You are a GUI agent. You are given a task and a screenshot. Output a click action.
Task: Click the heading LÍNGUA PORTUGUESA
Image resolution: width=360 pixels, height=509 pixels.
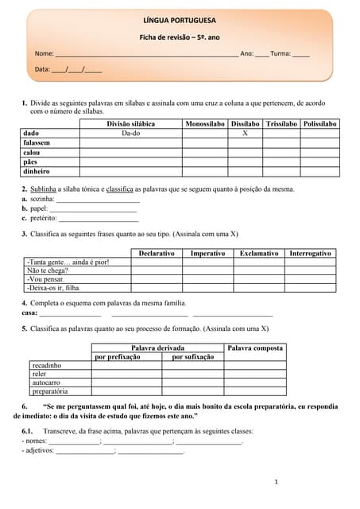click(179, 21)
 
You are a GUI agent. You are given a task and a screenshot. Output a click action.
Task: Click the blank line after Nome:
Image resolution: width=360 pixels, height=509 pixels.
click(146, 54)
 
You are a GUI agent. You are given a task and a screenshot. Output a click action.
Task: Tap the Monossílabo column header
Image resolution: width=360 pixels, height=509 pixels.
click(204, 124)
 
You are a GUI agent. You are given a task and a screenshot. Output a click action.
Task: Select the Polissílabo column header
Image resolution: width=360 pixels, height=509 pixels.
click(320, 124)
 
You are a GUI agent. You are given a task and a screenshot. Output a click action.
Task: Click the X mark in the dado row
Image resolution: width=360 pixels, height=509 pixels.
click(245, 134)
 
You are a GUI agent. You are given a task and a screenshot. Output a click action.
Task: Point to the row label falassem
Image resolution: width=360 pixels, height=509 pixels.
click(37, 143)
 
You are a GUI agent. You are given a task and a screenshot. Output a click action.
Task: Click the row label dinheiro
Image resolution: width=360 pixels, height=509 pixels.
click(37, 171)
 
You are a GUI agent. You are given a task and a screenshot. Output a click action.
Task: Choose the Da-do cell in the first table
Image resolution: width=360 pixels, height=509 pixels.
click(130, 134)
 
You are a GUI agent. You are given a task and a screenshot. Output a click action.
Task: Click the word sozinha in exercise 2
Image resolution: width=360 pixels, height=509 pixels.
click(41, 199)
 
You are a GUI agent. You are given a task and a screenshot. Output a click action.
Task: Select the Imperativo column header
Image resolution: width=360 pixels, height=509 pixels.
click(207, 253)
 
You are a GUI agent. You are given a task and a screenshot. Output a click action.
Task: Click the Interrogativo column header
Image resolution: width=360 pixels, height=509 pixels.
click(310, 253)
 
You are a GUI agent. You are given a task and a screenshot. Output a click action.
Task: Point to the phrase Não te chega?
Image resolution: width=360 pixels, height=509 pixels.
click(47, 270)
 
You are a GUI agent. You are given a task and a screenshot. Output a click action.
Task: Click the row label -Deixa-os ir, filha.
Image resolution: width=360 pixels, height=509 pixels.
click(53, 288)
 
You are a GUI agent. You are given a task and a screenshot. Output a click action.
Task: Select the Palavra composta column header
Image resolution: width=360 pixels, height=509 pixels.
click(255, 348)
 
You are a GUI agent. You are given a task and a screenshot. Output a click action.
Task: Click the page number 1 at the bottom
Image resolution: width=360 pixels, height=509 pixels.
click(276, 482)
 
